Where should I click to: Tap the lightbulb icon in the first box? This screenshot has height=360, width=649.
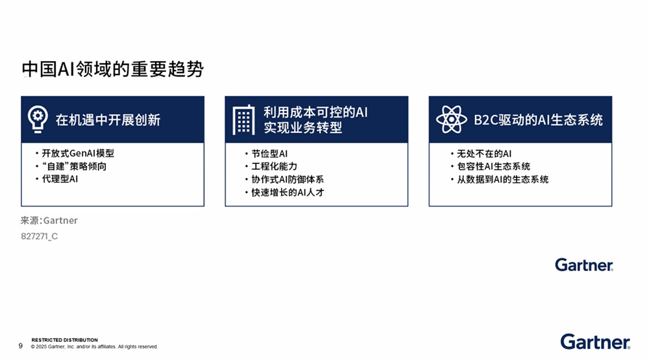[x=38, y=119]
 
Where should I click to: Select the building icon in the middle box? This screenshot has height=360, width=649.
[x=243, y=120]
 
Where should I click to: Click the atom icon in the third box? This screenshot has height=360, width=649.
[x=451, y=119]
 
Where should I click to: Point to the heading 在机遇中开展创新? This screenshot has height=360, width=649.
[x=108, y=120]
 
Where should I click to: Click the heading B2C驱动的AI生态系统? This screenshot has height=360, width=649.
[x=538, y=120]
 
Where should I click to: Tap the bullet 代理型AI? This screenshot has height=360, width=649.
[x=60, y=179]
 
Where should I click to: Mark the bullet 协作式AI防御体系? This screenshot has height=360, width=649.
[x=288, y=180]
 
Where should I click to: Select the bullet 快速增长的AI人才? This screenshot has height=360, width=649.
[x=288, y=193]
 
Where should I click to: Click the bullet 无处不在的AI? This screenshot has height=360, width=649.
[x=484, y=154]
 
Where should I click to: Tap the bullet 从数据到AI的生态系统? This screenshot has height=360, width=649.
[x=502, y=180]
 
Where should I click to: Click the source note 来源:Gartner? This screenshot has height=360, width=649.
[x=49, y=221]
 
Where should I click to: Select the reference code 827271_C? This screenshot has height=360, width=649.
[x=40, y=236]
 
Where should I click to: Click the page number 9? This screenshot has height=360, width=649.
[x=20, y=346]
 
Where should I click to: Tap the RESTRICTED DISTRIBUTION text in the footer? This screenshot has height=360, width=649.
[x=65, y=340]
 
